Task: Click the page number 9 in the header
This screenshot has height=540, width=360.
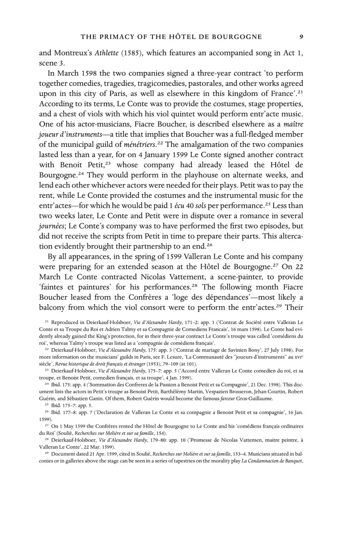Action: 301,37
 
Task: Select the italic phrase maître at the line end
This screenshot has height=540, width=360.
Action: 293,124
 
